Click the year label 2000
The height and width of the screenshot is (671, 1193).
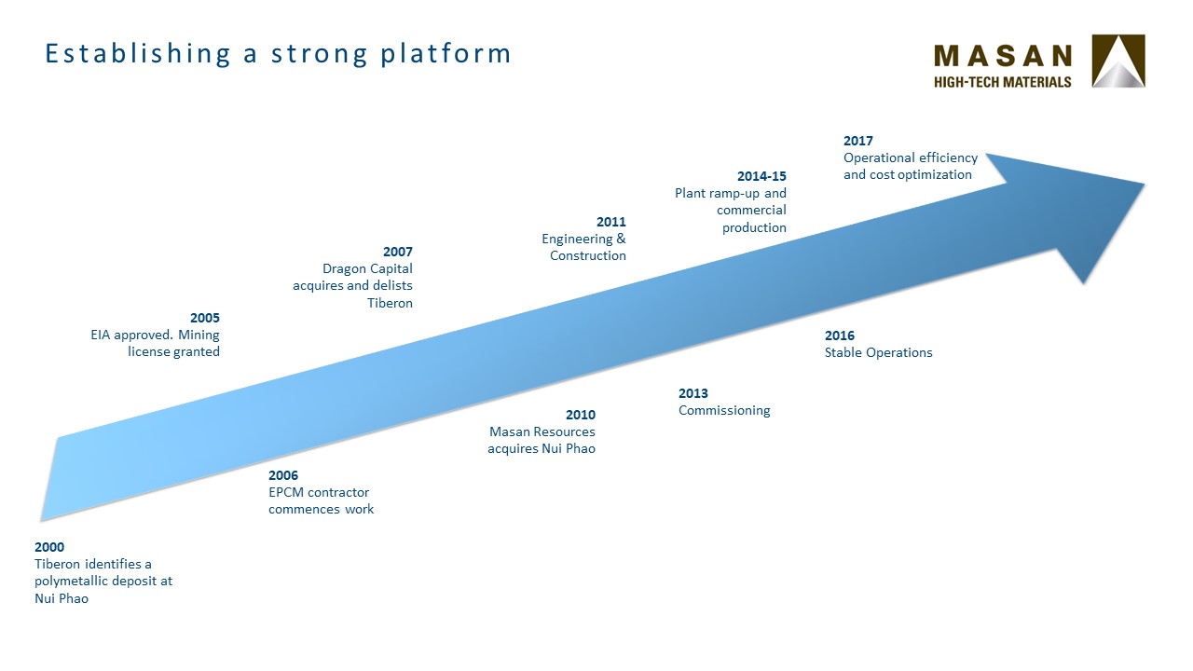pos(49,547)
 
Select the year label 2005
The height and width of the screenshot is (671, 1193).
pos(205,318)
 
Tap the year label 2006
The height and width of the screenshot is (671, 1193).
pos(283,475)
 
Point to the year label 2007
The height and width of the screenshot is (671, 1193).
pos(398,252)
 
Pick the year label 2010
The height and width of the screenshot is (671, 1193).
pos(581,415)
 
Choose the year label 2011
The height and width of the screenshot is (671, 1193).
pos(611,222)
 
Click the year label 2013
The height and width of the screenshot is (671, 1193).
pos(693,393)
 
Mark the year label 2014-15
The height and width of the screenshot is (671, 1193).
pos(761,176)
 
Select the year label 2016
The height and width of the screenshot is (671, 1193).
pos(840,335)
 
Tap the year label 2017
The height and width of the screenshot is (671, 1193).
pos(858,141)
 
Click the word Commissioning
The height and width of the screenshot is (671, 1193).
pos(724,411)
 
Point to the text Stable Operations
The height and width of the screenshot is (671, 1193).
pos(879,352)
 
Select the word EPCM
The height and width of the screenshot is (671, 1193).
pos(285,492)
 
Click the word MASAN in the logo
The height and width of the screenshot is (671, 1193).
pos(1003,56)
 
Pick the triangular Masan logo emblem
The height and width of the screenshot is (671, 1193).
pos(1118,61)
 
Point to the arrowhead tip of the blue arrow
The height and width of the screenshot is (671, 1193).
pos(1145,185)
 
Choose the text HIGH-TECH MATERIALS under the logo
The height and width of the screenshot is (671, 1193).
pos(1002,82)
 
